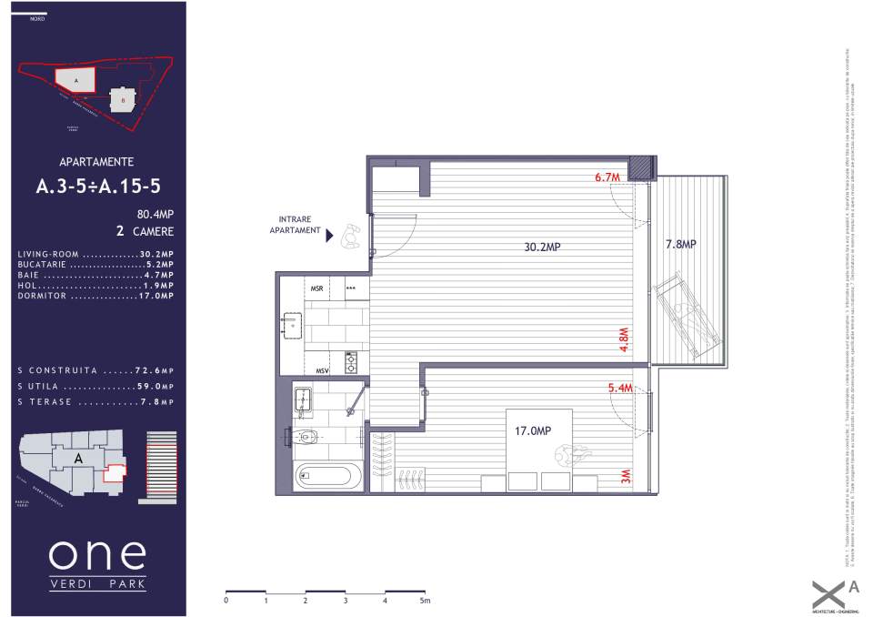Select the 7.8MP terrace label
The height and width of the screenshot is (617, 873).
click(x=680, y=244)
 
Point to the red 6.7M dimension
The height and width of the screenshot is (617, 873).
click(x=607, y=177)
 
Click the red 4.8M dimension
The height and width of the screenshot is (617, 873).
click(x=625, y=339)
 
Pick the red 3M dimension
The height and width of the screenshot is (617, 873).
click(x=625, y=478)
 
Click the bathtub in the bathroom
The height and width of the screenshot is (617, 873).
click(x=327, y=476)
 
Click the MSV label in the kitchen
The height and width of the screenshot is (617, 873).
click(x=322, y=370)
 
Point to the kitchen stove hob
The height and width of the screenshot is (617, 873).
click(x=351, y=362)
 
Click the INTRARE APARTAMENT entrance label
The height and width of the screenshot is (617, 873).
click(x=296, y=226)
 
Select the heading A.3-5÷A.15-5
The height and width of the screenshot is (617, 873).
click(x=97, y=187)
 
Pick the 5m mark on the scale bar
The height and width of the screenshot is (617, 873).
click(x=425, y=601)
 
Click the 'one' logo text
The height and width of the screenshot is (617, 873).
click(x=96, y=553)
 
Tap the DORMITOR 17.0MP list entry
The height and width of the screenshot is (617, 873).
click(x=95, y=296)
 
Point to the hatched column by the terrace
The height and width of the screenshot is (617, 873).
click(x=643, y=167)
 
